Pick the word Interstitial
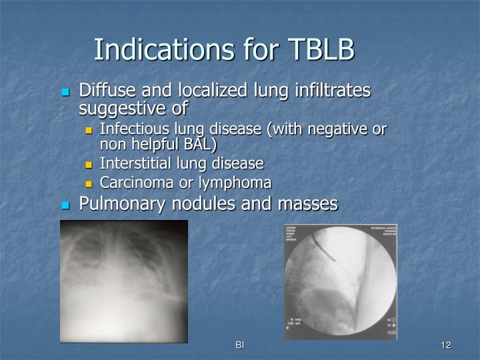[x=132, y=163]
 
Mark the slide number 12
[x=446, y=345]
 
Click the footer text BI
[x=239, y=345]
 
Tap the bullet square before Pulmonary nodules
[x=65, y=205]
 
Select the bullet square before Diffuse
[x=65, y=92]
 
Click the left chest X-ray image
[x=123, y=281]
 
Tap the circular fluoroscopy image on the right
[x=340, y=281]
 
